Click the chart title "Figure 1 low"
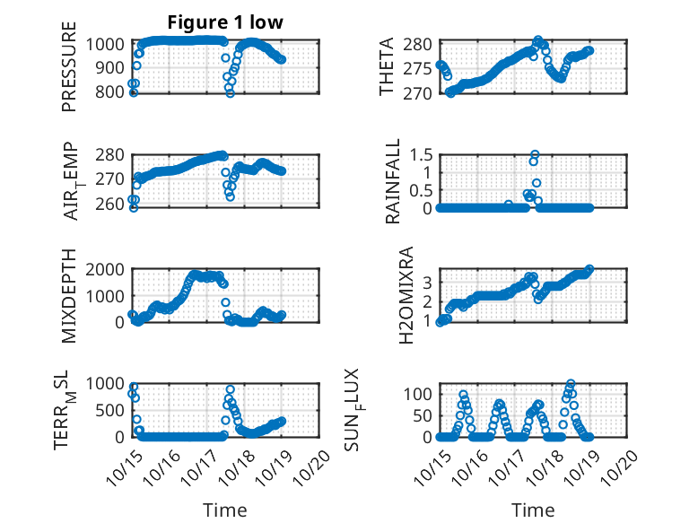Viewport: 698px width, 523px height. [x=225, y=22]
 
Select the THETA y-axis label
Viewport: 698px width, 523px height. [x=387, y=67]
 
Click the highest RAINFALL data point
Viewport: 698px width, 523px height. [x=535, y=154]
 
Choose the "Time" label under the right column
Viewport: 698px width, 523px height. [x=533, y=510]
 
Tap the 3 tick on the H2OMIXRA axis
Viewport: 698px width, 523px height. [x=428, y=282]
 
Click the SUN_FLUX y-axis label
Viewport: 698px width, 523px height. [x=387, y=408]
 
